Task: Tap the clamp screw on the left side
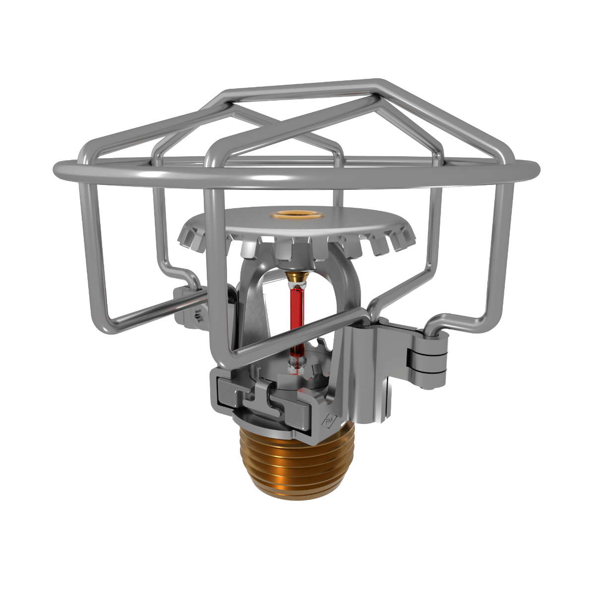[x=198, y=315]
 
